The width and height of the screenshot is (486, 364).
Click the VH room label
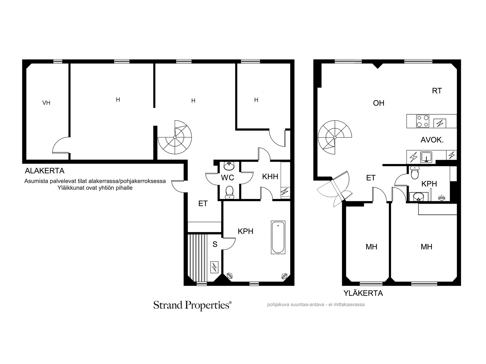pyautogui.click(x=46, y=103)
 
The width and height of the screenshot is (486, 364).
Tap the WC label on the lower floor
pyautogui.click(x=228, y=178)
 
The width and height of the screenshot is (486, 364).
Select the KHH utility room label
pyautogui.click(x=270, y=177)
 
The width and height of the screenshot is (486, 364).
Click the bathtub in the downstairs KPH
pyautogui.click(x=278, y=238)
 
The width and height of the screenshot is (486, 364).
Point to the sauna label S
pyautogui.click(x=215, y=244)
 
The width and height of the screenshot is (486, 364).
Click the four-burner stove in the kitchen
pyautogui.click(x=423, y=121)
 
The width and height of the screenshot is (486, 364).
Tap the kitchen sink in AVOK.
pyautogui.click(x=426, y=157)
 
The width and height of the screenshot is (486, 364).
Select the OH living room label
pyautogui.click(x=378, y=103)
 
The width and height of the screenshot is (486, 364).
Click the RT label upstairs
pyautogui.click(x=437, y=91)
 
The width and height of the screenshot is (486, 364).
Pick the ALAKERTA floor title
pyautogui.click(x=45, y=171)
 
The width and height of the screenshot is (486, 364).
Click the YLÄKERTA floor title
pyautogui.click(x=363, y=293)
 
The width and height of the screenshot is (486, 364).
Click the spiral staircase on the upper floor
pyautogui.click(x=335, y=137)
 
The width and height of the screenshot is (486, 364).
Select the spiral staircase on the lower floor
pyautogui.click(x=175, y=137)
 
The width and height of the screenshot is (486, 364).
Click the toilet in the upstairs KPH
pyautogui.click(x=415, y=172)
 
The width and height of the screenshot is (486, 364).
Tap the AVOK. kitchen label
pyautogui.click(x=432, y=140)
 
